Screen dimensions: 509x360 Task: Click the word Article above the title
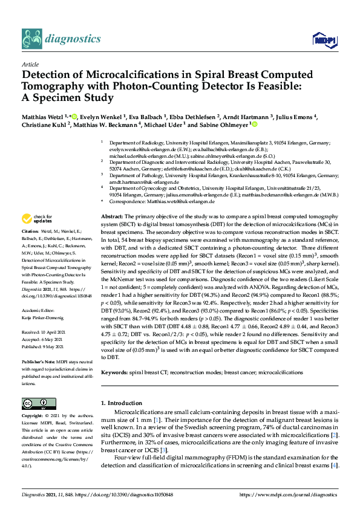(x=30, y=63)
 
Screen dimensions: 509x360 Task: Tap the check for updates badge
(x=38, y=219)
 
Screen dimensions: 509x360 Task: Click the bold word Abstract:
(x=112, y=216)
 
